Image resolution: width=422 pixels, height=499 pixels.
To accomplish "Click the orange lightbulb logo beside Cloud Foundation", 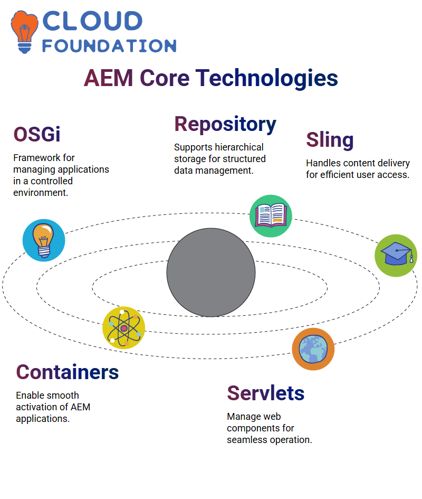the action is tap(24, 32).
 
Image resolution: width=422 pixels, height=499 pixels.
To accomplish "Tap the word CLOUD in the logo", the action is tap(92, 21).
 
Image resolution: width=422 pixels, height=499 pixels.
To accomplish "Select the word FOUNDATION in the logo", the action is tap(109, 46).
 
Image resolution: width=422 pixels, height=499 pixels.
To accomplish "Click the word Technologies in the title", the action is tap(266, 78).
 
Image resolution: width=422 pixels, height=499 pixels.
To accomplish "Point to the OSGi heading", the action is tap(37, 134).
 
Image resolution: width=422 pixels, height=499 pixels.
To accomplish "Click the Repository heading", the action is tap(225, 125).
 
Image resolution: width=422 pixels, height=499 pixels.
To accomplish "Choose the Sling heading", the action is tap(330, 140).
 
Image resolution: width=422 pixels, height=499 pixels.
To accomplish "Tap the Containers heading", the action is tap(68, 372).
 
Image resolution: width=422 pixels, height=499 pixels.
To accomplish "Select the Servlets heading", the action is tap(265, 393).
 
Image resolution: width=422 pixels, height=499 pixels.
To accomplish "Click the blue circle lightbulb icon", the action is tap(44, 240).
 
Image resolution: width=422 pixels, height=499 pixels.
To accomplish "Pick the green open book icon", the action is tap(271, 216).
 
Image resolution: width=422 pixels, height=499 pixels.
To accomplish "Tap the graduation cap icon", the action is tap(396, 256).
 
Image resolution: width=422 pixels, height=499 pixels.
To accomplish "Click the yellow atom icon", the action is tap(124, 328).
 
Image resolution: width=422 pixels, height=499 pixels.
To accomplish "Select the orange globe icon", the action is tap(313, 349).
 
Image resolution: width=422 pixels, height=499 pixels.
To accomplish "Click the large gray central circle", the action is tap(211, 272).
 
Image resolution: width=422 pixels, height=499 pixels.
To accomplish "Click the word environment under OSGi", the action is tap(41, 193).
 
